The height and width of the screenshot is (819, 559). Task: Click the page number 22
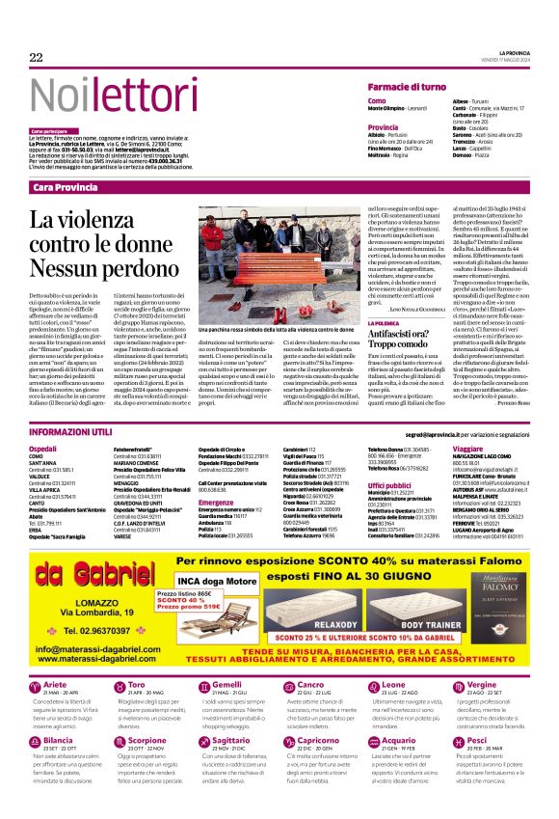point(37,58)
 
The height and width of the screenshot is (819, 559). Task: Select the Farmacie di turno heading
point(411,87)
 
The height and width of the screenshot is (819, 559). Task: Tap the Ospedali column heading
point(43,449)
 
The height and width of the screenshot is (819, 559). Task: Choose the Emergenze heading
point(216,502)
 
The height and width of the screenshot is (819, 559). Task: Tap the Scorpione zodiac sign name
point(148,740)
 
